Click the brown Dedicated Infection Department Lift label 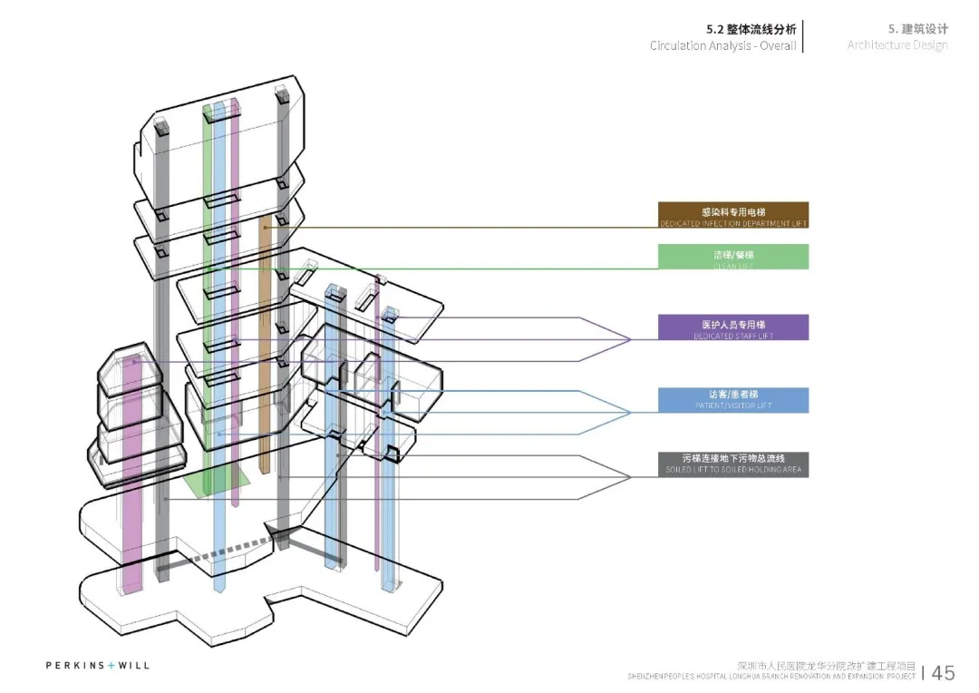pyautogui.click(x=732, y=215)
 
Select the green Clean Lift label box pyautogui.click(x=732, y=257)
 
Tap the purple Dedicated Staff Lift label pyautogui.click(x=732, y=327)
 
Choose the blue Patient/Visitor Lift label pyautogui.click(x=732, y=400)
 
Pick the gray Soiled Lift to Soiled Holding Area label pyautogui.click(x=732, y=464)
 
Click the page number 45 pyautogui.click(x=943, y=672)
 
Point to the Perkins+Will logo pyautogui.click(x=98, y=666)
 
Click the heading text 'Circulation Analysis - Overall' pyautogui.click(x=722, y=45)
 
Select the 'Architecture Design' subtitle pyautogui.click(x=897, y=45)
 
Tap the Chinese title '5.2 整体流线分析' pyautogui.click(x=751, y=29)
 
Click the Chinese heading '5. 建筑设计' pyautogui.click(x=917, y=29)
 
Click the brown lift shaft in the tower pyautogui.click(x=265, y=345)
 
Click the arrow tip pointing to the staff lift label pyautogui.click(x=629, y=339)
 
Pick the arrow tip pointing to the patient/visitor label pyautogui.click(x=629, y=412)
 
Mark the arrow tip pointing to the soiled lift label pyautogui.click(x=629, y=477)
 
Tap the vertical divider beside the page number pyautogui.click(x=924, y=672)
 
